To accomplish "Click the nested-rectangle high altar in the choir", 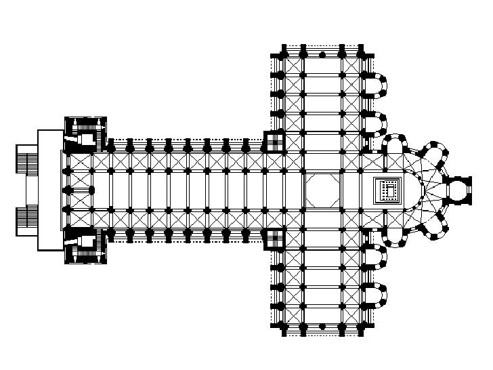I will pyautogui.click(x=389, y=190).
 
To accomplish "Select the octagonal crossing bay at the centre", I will pyautogui.click(x=323, y=190).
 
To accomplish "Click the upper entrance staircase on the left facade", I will pyautogui.click(x=26, y=163).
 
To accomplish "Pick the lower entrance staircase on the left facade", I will pyautogui.click(x=26, y=220).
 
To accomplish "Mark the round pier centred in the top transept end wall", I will pyautogui.click(x=322, y=54).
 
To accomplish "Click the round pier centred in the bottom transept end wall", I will pyautogui.click(x=322, y=327).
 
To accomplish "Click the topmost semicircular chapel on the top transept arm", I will pyautogui.click(x=374, y=83).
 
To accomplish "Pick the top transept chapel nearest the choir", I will pyautogui.click(x=374, y=121).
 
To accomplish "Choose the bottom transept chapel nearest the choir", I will pyautogui.click(x=374, y=258).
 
